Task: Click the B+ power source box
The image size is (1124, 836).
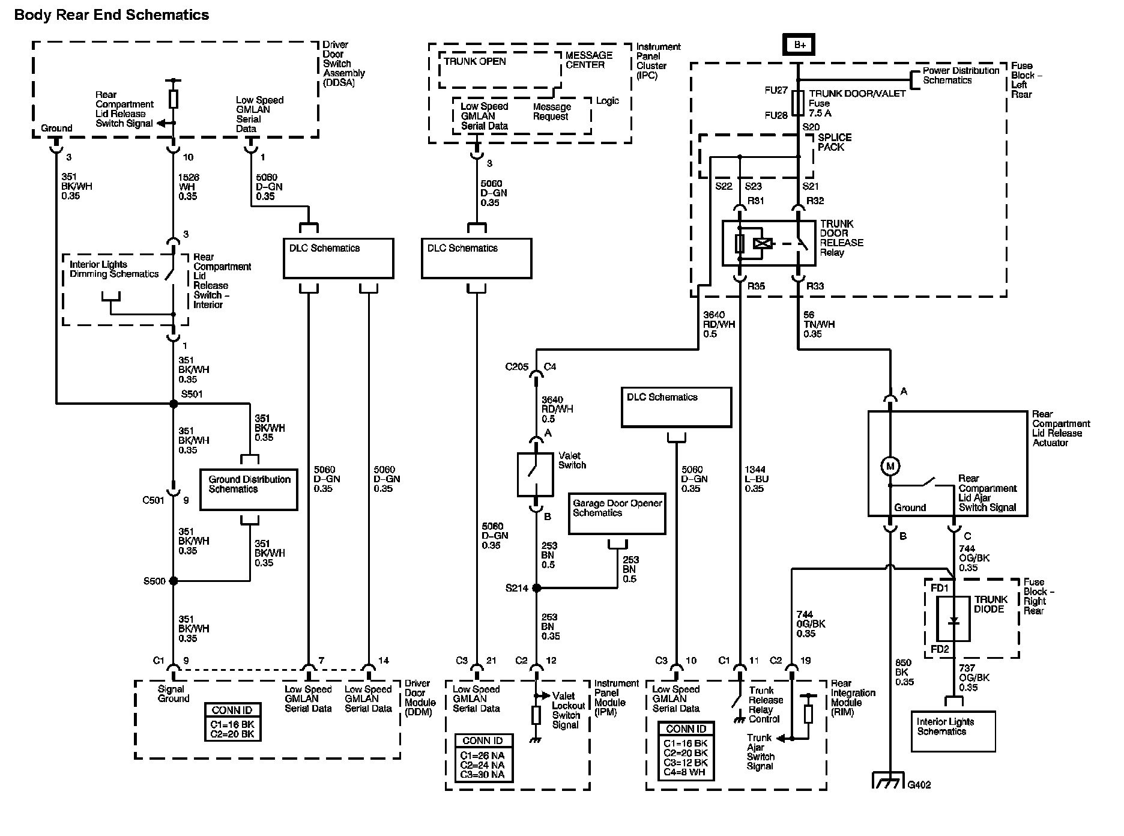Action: [798, 44]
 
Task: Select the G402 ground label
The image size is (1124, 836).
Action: [919, 784]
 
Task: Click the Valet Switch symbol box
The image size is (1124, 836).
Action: [535, 474]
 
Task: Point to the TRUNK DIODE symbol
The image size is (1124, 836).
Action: [953, 620]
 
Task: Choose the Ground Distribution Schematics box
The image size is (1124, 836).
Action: [249, 489]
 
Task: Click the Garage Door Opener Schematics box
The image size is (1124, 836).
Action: [617, 513]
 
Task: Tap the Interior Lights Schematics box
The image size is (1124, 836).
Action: [953, 731]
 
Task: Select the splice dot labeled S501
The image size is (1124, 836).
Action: [174, 404]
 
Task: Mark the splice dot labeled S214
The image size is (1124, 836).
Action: [537, 588]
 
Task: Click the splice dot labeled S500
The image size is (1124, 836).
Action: [174, 581]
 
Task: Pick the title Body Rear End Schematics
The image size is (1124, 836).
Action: [112, 15]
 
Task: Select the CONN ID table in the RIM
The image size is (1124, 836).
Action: [686, 751]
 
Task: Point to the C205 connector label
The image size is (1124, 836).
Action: [516, 367]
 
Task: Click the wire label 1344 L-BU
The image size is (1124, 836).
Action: [757, 479]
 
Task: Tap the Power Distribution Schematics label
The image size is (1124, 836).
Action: [961, 75]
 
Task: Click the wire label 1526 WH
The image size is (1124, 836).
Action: [189, 187]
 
